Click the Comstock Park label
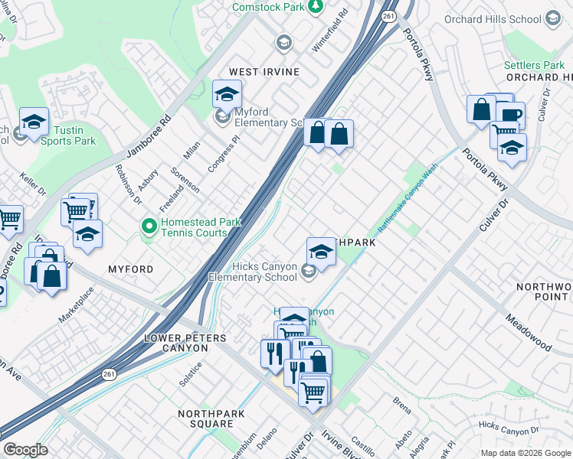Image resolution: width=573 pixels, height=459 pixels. pyautogui.click(x=269, y=6)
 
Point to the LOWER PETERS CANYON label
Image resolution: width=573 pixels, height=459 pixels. pyautogui.click(x=176, y=343)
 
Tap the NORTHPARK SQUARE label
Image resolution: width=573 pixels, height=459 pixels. pyautogui.click(x=205, y=418)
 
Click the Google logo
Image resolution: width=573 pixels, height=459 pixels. pyautogui.click(x=25, y=450)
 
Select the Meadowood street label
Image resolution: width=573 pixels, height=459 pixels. pyautogui.click(x=529, y=330)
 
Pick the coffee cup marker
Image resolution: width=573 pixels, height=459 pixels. pyautogui.click(x=510, y=116)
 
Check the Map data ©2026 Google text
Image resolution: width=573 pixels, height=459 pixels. pyautogui.click(x=525, y=453)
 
